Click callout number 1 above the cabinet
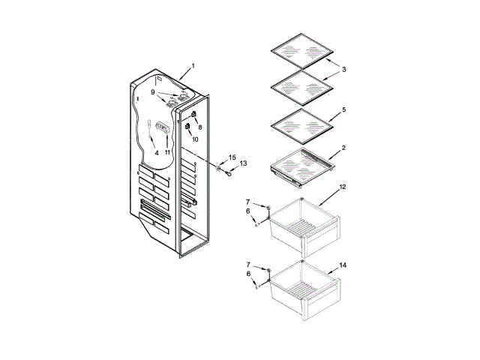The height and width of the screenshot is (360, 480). coord(193,66)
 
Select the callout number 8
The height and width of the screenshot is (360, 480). coord(199,127)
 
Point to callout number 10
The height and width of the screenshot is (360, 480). coord(194,139)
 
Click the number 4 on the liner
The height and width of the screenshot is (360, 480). coord(157,152)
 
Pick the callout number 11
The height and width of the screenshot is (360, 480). coord(168,152)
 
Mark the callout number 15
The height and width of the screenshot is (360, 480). coord(232,157)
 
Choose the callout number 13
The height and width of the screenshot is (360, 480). coord(243,163)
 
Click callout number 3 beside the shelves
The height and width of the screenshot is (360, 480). coord(343,70)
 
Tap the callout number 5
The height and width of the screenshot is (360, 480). coord(343,109)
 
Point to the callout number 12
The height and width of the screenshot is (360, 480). coord(343,186)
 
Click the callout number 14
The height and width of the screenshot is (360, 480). coord(343,265)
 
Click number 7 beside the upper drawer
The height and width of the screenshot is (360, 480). coord(248,202)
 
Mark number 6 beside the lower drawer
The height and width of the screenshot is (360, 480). coord(248,274)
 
